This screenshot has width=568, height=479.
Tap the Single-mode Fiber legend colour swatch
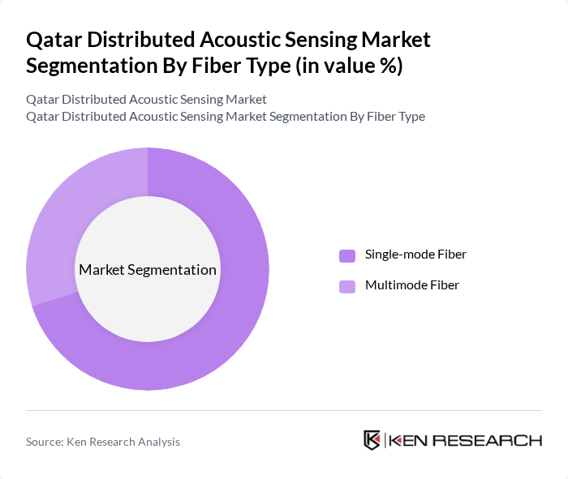[x=347, y=255]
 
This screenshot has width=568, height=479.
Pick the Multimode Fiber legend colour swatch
[x=347, y=286]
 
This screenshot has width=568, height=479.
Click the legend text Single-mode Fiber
[x=415, y=254]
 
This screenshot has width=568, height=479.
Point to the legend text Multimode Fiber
[x=412, y=285]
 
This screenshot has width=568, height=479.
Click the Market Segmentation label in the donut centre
[x=148, y=270]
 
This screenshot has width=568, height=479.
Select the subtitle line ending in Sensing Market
[x=146, y=100]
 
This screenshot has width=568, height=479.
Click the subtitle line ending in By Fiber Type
[x=226, y=116]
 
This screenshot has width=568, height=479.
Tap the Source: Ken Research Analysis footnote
[x=103, y=442]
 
